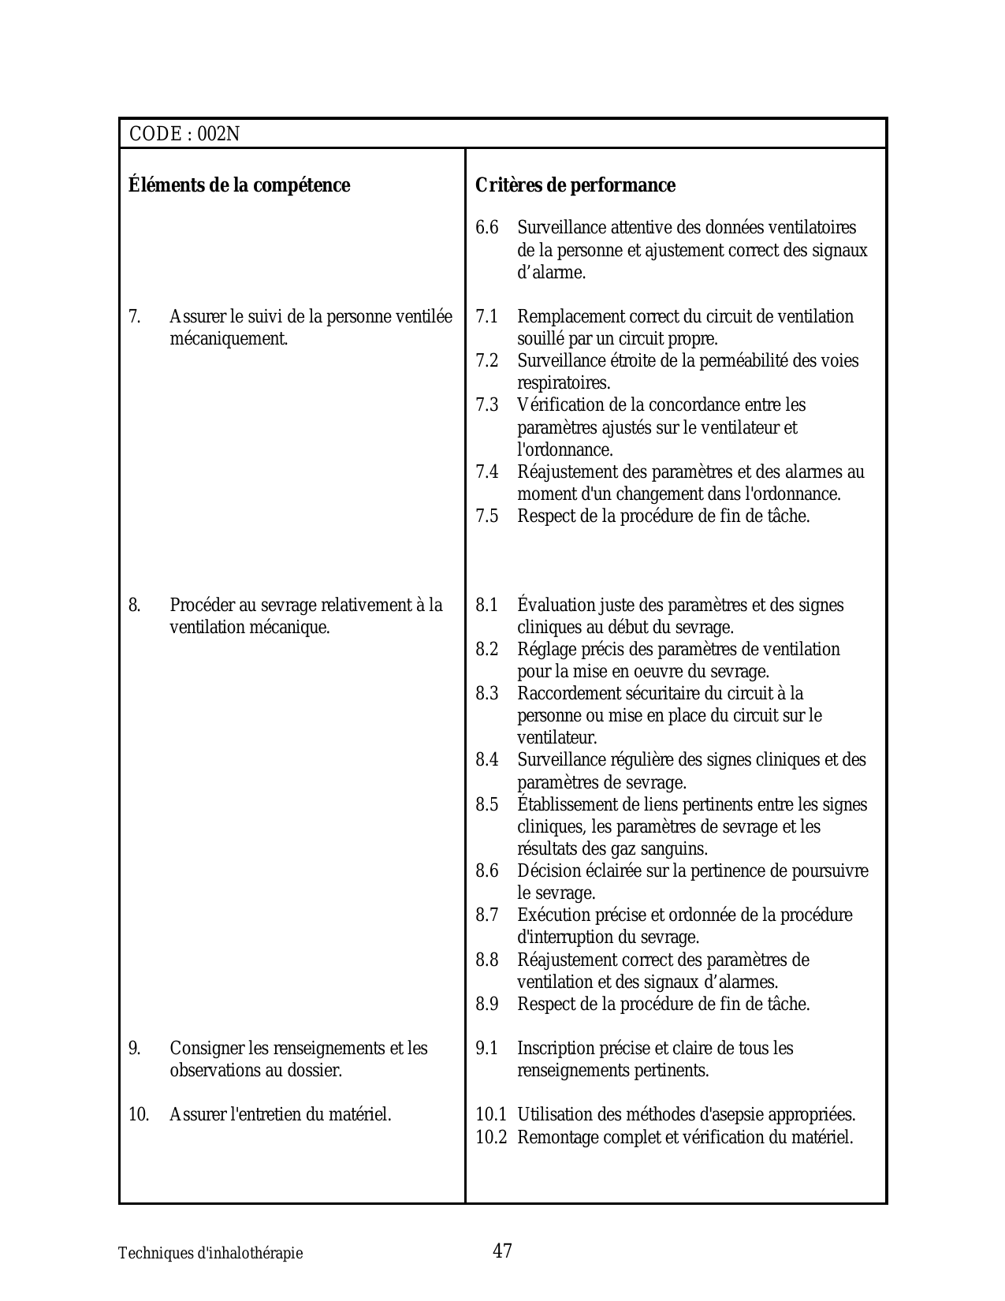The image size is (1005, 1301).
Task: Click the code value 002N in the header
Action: (218, 134)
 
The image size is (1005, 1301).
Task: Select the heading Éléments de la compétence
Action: (239, 185)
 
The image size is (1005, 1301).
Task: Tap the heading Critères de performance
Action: (575, 185)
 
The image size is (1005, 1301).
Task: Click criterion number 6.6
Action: (486, 228)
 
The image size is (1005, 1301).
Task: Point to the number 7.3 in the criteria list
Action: (486, 405)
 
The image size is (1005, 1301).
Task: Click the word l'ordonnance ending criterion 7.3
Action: (564, 450)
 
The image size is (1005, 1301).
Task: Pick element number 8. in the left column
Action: (135, 606)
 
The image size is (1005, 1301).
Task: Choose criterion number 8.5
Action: (486, 805)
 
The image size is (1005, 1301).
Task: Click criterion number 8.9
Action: (486, 1005)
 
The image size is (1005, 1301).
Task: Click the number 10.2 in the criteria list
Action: (491, 1138)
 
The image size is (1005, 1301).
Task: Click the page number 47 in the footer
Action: (502, 1251)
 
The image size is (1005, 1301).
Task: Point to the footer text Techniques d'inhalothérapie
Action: (210, 1254)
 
